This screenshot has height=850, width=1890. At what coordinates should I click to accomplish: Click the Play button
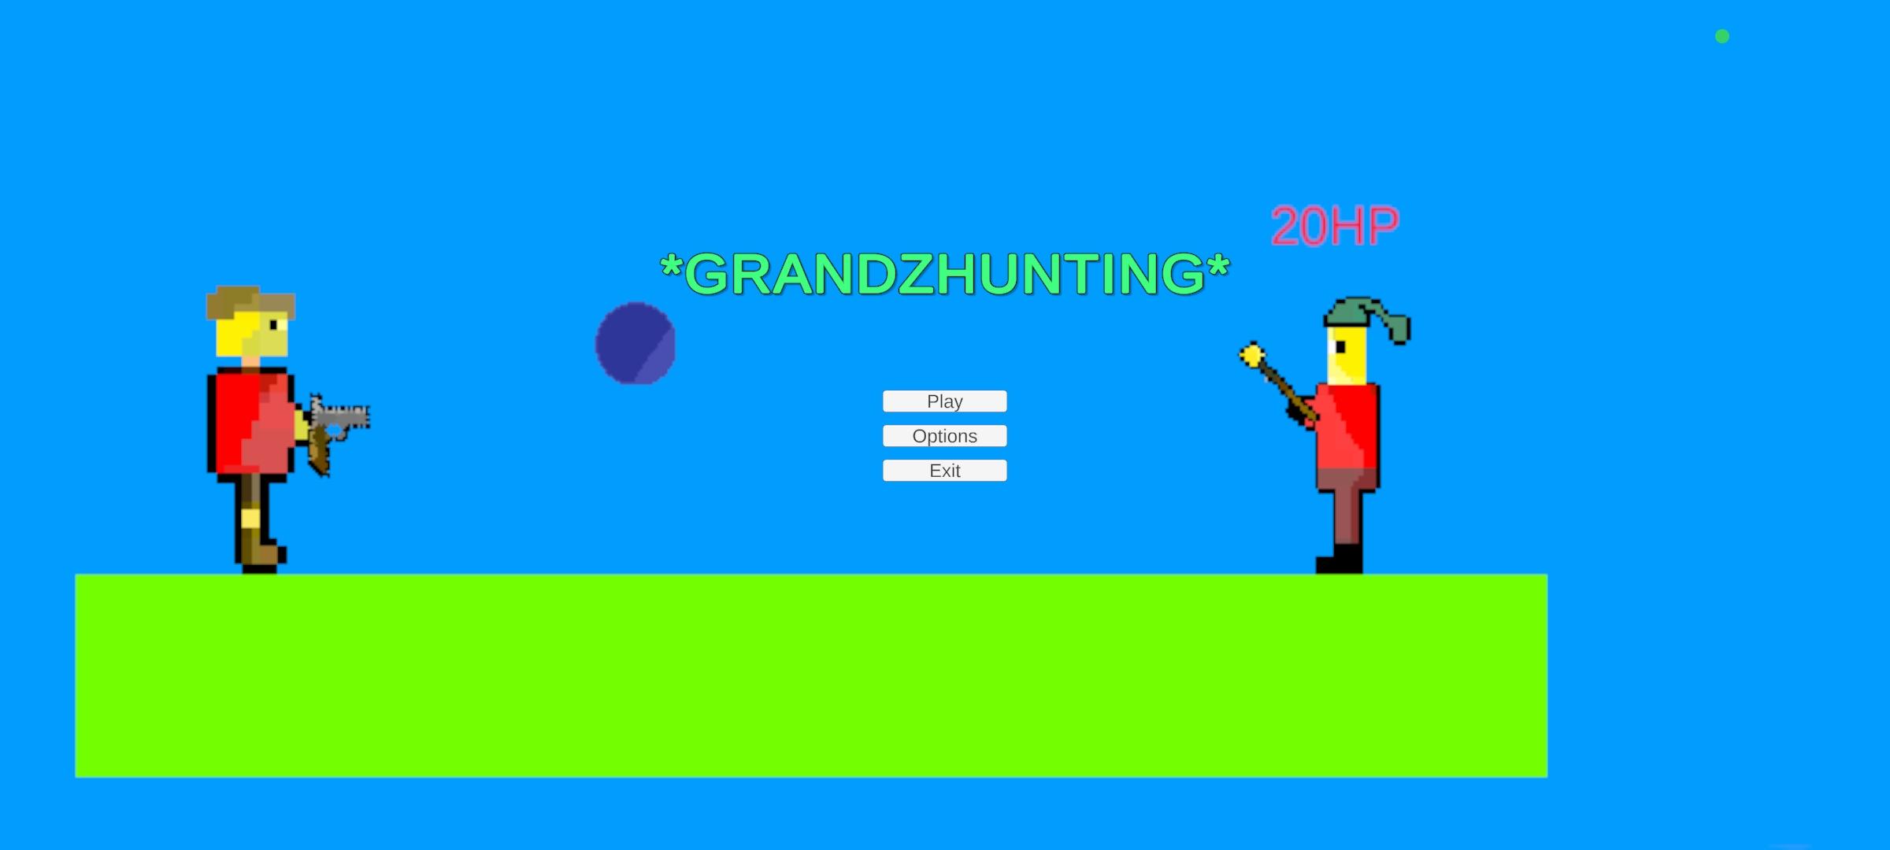pyautogui.click(x=944, y=401)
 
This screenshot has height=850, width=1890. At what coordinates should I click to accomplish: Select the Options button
pyautogui.click(x=944, y=436)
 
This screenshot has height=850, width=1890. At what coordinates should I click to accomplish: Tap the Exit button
pyautogui.click(x=944, y=471)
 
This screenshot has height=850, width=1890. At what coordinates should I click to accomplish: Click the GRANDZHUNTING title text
pyautogui.click(x=944, y=274)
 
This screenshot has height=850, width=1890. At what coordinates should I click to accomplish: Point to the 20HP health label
pyautogui.click(x=1335, y=227)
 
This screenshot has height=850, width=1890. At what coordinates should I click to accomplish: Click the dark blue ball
pyautogui.click(x=636, y=343)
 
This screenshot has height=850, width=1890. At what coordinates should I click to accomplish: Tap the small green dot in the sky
pyautogui.click(x=1722, y=36)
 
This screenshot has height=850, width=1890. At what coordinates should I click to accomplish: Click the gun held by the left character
pyautogui.click(x=337, y=429)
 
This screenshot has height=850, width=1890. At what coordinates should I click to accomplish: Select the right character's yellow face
pyautogui.click(x=1347, y=356)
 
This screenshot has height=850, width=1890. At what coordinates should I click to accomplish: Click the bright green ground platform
pyautogui.click(x=811, y=675)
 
